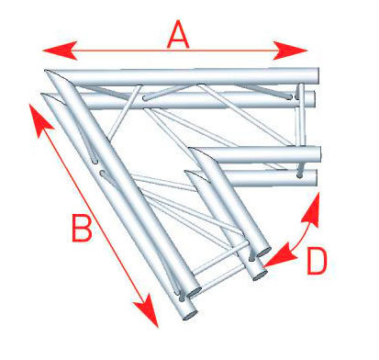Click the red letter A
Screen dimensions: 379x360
click(x=178, y=36)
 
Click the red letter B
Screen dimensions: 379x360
click(x=82, y=228)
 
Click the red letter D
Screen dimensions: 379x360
click(x=317, y=261)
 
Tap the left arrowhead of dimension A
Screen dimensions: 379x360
click(x=60, y=51)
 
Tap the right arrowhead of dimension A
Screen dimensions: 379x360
click(x=290, y=51)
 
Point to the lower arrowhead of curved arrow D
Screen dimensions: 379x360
click(x=279, y=255)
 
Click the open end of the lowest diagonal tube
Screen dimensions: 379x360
click(x=190, y=315)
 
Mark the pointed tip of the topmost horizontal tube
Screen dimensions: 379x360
click(x=46, y=71)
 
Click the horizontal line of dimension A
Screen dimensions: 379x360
click(x=174, y=51)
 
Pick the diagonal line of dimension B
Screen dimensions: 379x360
click(x=94, y=216)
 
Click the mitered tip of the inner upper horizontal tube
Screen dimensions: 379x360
click(x=189, y=149)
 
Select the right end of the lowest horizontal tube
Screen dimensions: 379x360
click(x=315, y=178)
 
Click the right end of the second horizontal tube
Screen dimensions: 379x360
click(x=313, y=99)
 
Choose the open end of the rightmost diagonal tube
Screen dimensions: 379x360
click(x=263, y=252)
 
